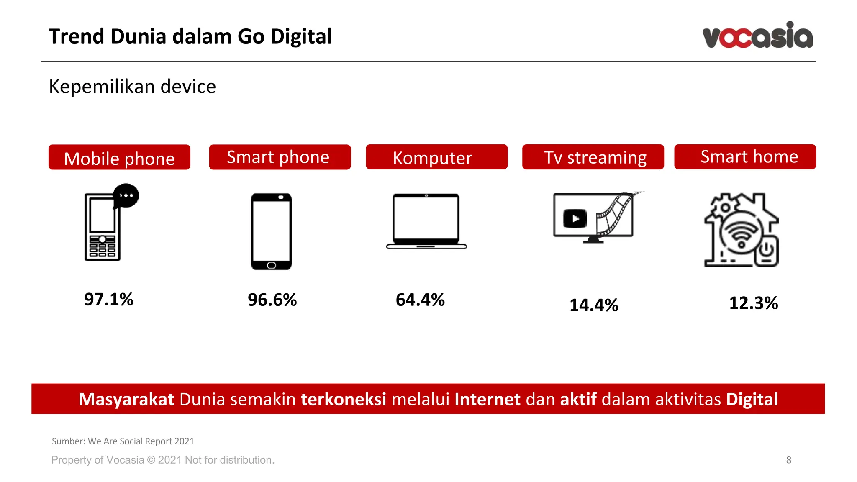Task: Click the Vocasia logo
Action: point(757,35)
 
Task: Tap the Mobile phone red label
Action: point(119,157)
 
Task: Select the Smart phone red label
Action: point(280,157)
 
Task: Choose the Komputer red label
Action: point(436,157)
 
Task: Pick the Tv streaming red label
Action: point(593,157)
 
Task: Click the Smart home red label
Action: point(745,156)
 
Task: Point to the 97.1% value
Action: point(109,299)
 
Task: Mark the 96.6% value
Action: point(272,300)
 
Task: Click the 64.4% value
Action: point(420,300)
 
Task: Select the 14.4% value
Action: point(594,305)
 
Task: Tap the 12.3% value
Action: point(753,303)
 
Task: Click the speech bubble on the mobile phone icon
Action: point(126,195)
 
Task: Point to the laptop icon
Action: point(426,221)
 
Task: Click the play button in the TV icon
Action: point(575,218)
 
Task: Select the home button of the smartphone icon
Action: point(271,265)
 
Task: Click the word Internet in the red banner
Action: point(488,399)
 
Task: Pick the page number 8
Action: point(789,460)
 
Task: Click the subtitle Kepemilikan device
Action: point(132,87)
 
